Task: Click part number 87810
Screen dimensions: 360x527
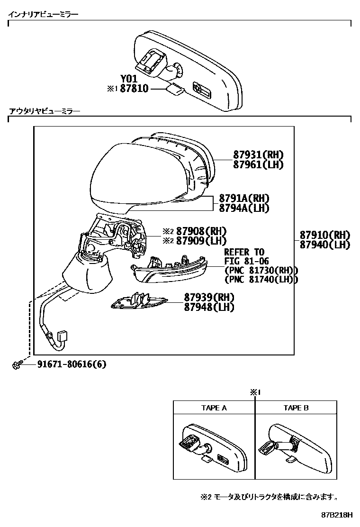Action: point(135,88)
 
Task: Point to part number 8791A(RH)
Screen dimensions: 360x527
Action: point(244,198)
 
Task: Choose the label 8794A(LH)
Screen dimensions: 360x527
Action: point(244,208)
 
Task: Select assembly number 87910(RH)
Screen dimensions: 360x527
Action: point(324,235)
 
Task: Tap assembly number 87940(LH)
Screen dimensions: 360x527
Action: point(324,245)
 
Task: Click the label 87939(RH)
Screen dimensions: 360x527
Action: point(209,297)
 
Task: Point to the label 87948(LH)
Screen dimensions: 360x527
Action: point(209,307)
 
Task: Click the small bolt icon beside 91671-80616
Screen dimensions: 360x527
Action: point(16,364)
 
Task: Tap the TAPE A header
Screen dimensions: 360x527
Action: point(214,408)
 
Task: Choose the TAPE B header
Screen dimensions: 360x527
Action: point(296,408)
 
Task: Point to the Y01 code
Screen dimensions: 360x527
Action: point(129,79)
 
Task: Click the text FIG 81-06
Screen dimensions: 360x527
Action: point(244,261)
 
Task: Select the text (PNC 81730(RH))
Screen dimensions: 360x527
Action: point(261,271)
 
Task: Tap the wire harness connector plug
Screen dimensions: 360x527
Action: point(62,338)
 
